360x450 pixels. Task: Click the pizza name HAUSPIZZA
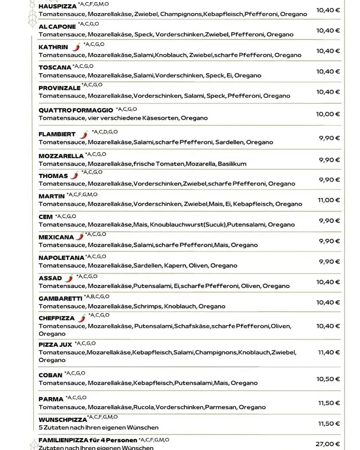(58, 7)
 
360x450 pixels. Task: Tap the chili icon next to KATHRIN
(76, 47)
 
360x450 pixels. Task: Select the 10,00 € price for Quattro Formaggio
(328, 114)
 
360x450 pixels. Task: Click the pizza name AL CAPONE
(57, 27)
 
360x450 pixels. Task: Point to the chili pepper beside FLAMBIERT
(84, 134)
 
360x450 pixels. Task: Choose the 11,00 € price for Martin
(329, 200)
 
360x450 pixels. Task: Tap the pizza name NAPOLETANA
(61, 258)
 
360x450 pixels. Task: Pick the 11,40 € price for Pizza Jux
(328, 352)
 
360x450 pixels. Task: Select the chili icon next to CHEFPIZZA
(82, 318)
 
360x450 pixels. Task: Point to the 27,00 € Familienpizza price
(328, 444)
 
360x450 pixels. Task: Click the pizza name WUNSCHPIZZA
(62, 420)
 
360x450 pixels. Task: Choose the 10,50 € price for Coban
(328, 379)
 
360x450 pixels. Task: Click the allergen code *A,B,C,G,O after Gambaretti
(97, 297)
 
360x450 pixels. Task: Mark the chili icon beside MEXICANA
(80, 236)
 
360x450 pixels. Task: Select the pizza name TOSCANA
(55, 68)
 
